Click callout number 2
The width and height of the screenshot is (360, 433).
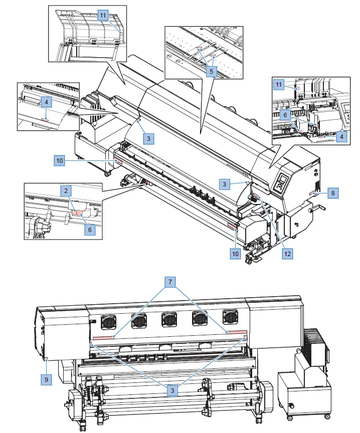click(x=65, y=191)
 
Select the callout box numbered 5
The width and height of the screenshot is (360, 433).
click(x=212, y=72)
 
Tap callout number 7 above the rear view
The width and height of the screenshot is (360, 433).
click(x=170, y=283)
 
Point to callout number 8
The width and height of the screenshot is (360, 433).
click(x=333, y=192)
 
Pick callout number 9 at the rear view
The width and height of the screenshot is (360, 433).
click(x=46, y=380)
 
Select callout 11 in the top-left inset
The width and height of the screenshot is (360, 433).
click(x=102, y=16)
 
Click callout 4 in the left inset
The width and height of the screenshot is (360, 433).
click(x=46, y=102)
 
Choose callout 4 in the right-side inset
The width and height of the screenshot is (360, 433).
click(x=341, y=135)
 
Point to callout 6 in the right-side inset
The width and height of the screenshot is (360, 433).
click(x=284, y=115)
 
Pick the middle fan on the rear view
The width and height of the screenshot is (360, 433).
click(x=168, y=318)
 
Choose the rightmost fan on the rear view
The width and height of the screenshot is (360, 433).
click(x=230, y=317)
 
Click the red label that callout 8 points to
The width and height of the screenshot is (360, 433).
click(x=314, y=193)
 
